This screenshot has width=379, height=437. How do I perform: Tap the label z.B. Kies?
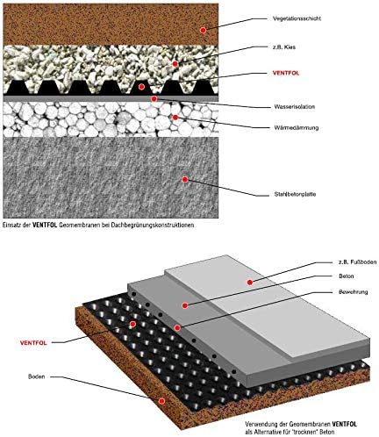tap(284, 47)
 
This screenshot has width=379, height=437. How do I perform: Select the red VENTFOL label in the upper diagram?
tap(286, 73)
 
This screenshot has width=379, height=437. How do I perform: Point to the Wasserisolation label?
tap(295, 107)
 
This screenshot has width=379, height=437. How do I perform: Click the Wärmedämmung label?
tap(297, 127)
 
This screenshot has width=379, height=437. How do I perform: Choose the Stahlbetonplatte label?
tap(295, 194)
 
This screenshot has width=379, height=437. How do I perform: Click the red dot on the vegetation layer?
tap(203, 30)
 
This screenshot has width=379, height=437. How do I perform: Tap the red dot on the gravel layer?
tap(175, 64)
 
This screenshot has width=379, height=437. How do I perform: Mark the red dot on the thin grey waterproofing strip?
tap(154, 99)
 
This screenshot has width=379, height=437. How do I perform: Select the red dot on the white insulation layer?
tap(175, 118)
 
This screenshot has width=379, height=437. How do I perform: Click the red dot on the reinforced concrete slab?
tap(185, 180)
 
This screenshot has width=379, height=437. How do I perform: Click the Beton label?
tap(347, 276)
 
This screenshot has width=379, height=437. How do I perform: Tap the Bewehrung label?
tap(353, 292)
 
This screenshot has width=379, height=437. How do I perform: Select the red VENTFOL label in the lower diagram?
tap(33, 343)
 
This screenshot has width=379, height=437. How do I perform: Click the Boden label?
tap(36, 376)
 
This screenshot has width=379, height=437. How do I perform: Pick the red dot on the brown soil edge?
tap(161, 401)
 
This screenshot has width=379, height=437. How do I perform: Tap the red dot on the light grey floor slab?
tap(250, 283)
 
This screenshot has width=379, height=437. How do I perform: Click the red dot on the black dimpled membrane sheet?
tap(132, 324)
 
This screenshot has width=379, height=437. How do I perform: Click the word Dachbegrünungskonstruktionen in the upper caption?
tap(153, 226)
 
